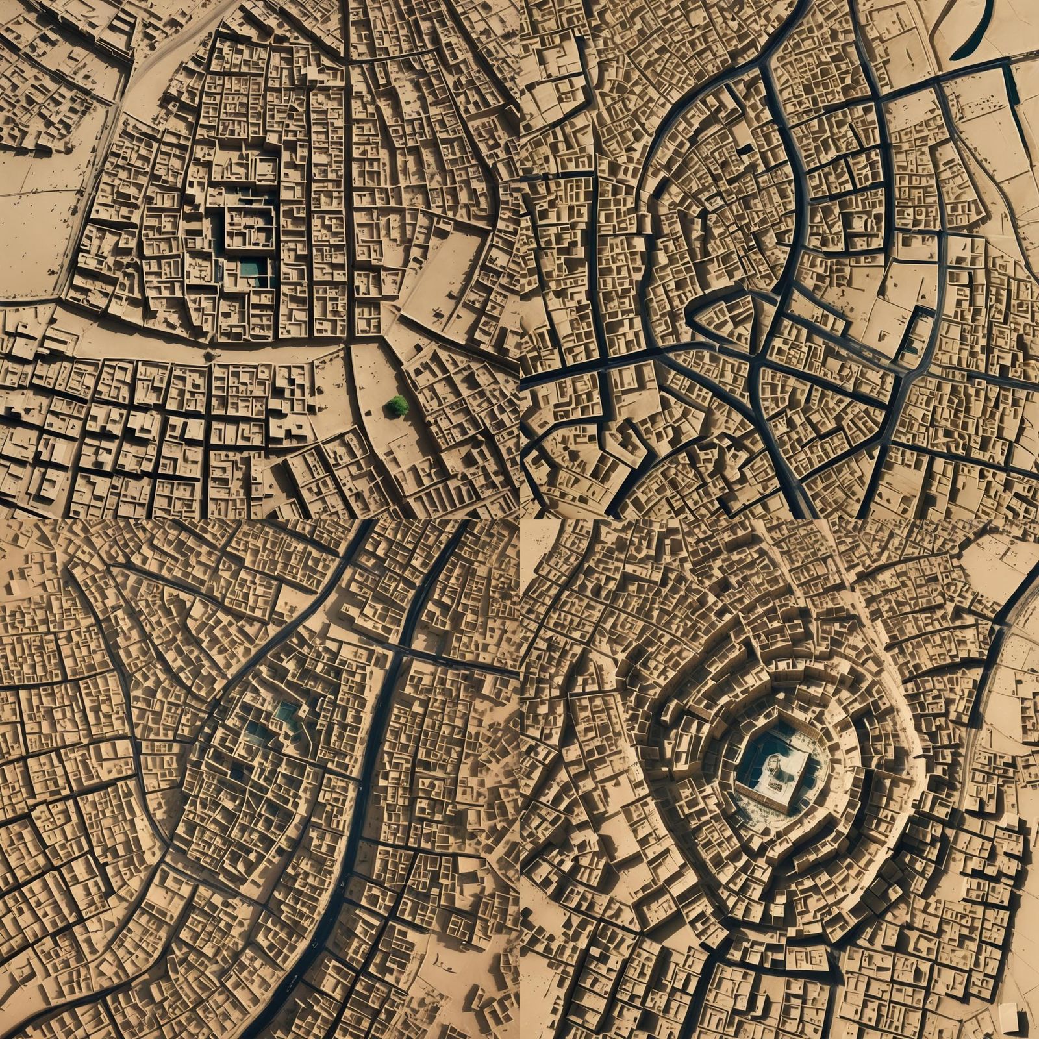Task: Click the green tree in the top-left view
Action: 397,407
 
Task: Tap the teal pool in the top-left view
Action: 248,268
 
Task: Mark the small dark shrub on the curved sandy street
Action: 209,357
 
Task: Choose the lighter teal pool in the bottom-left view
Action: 286,713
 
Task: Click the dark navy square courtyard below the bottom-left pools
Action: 239,773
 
